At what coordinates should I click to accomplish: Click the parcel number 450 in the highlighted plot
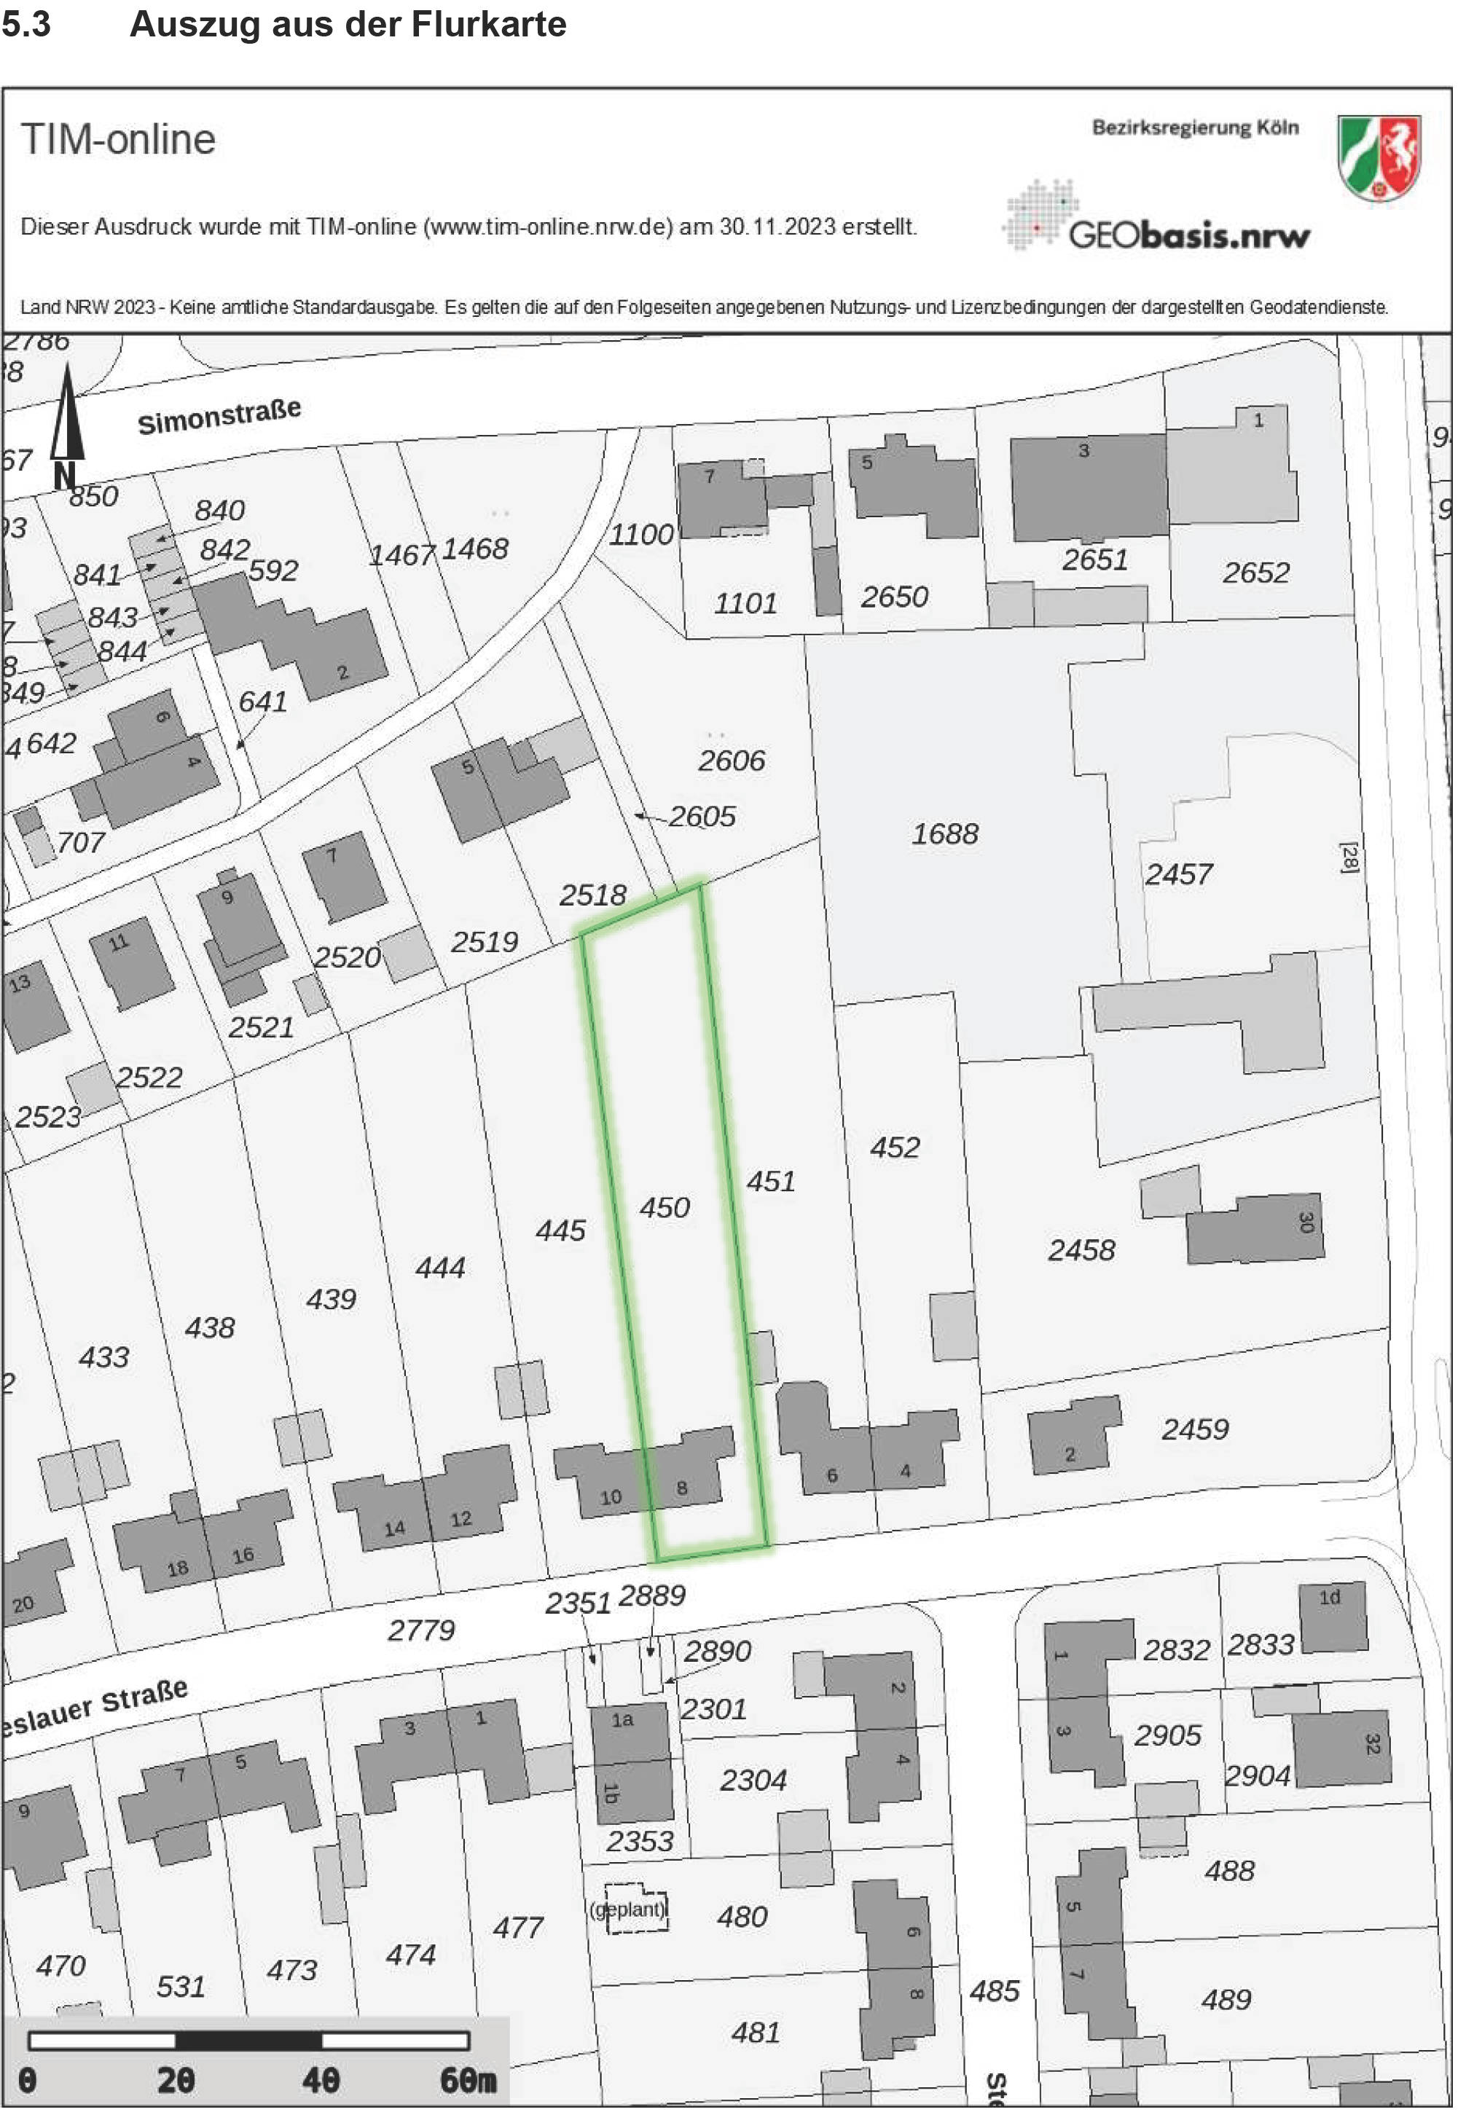tap(664, 1206)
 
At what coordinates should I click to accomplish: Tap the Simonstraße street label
tap(219, 416)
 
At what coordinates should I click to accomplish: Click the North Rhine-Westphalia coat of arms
tap(1379, 157)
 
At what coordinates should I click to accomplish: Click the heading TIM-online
tap(119, 140)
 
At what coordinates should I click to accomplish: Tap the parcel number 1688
tap(944, 833)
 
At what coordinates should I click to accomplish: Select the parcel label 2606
tap(731, 761)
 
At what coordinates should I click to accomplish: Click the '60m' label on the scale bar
tap(468, 2080)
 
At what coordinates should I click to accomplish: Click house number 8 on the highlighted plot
tap(681, 1488)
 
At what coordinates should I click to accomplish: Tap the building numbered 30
tap(1255, 1227)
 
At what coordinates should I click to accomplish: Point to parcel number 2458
tap(1081, 1249)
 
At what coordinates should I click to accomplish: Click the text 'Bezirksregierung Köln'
tap(1195, 127)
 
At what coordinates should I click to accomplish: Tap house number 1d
tap(1330, 1598)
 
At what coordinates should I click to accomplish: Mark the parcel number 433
tap(103, 1357)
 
